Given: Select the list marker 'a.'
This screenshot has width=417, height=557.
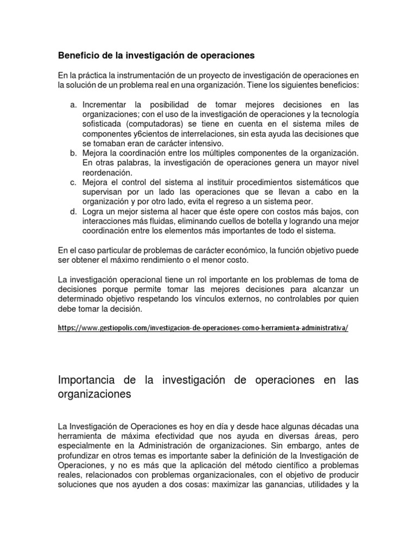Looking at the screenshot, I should pyautogui.click(x=74, y=104).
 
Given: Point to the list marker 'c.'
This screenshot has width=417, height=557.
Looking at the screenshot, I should pyautogui.click(x=74, y=182).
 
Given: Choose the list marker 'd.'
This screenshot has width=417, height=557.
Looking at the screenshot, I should pyautogui.click(x=74, y=212).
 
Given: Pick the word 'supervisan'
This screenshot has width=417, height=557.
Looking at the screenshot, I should pyautogui.click(x=103, y=192).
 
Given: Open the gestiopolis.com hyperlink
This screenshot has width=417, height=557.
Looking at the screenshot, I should pyautogui.click(x=203, y=329).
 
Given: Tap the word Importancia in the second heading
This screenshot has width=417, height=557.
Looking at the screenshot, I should pyautogui.click(x=92, y=380).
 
